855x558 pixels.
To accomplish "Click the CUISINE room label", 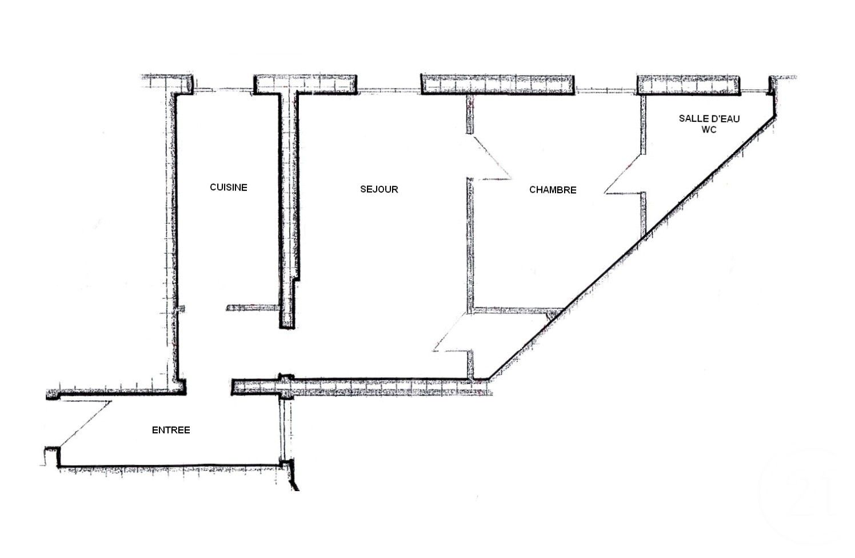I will click(x=228, y=188).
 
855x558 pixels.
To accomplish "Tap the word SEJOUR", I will click(x=379, y=189).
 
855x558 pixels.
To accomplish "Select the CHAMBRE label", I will click(x=553, y=190).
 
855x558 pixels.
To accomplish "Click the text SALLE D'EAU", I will click(x=709, y=118).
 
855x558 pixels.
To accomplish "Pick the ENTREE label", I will click(x=171, y=430).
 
